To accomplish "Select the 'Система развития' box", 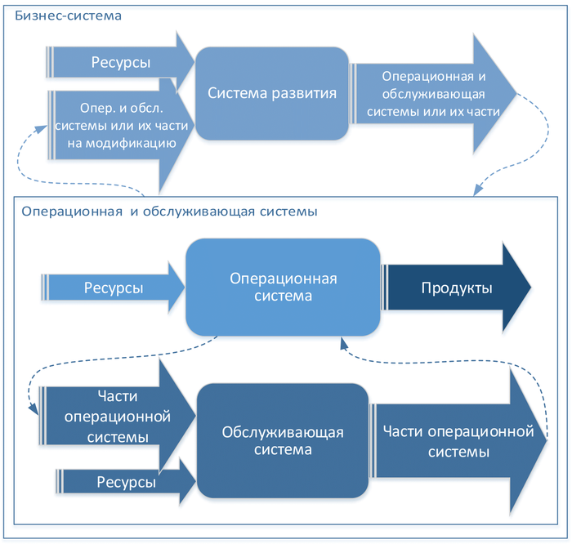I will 272,92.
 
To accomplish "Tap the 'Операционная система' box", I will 283,287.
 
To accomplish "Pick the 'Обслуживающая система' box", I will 283,440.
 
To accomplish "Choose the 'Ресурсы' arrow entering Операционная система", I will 114,288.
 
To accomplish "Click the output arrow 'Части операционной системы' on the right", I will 458,441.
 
